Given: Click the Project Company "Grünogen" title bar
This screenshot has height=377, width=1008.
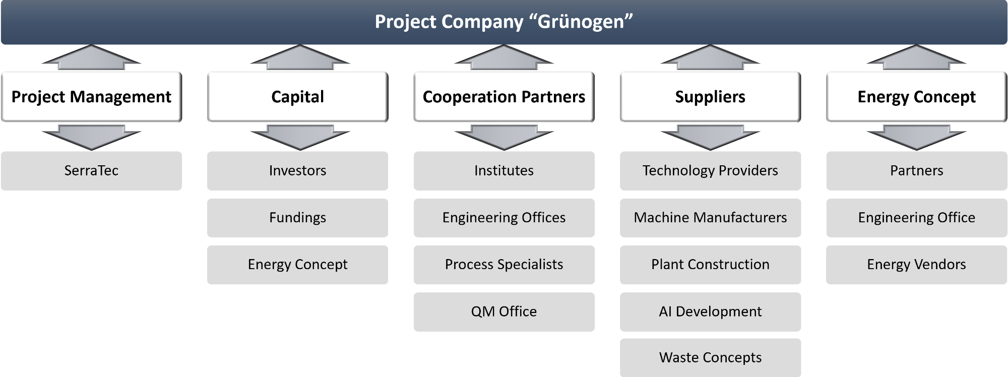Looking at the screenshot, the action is point(504,22).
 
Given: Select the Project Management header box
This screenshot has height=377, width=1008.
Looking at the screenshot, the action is point(91,97).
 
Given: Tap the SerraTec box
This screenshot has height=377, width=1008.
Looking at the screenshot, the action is point(91,171).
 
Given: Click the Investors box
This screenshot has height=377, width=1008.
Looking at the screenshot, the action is point(297,171).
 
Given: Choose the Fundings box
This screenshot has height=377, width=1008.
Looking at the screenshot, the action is point(297,218).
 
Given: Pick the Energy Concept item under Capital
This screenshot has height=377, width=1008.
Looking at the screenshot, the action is point(297,265).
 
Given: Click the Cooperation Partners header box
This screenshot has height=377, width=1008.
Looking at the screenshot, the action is point(504,97).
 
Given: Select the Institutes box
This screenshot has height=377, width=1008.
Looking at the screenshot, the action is point(504,171).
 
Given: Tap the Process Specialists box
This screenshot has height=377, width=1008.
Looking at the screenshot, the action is point(504,265).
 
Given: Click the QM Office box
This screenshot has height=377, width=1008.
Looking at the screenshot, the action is point(504,312).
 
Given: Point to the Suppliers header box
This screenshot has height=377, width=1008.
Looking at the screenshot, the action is point(710,97).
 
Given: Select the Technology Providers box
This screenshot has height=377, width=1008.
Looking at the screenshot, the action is point(710,171).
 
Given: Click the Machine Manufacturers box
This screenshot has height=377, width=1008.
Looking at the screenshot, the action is point(710,218).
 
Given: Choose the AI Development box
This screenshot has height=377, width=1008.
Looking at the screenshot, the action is point(710,312).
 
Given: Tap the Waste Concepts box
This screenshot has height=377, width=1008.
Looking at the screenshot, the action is point(710,358).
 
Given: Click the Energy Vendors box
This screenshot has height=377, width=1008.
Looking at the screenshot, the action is point(917,265).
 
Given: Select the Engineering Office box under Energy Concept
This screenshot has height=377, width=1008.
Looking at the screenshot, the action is point(917,218).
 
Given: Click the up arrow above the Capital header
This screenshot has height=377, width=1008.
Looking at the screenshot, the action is point(300,57).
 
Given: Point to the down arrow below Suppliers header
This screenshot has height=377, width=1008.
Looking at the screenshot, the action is point(710,137).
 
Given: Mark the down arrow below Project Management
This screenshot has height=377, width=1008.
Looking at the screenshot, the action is point(91,137).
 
